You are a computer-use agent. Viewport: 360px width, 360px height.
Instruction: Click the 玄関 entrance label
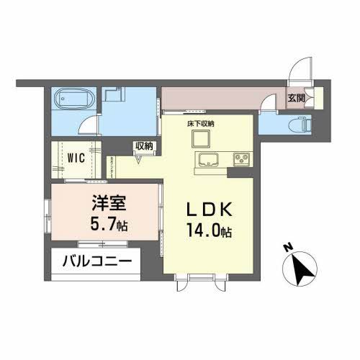click(297, 99)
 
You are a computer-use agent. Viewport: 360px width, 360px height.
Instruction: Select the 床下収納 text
click(201, 124)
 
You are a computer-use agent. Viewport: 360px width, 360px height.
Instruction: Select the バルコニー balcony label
click(95, 261)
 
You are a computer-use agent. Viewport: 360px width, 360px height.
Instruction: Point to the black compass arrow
click(305, 270)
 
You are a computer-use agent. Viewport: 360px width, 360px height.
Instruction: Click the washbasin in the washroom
click(113, 96)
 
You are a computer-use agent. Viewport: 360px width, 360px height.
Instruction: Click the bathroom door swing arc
click(88, 124)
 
